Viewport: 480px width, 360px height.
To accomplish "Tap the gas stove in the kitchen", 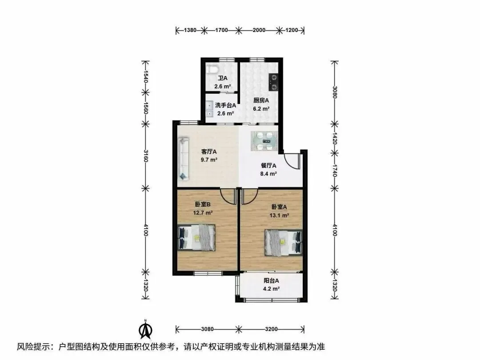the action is click(x=274, y=82).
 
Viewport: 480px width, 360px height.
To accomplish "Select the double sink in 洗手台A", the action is click(x=209, y=110).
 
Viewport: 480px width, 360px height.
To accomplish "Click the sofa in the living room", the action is click(x=184, y=159).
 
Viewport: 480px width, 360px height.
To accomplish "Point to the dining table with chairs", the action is click(x=264, y=141).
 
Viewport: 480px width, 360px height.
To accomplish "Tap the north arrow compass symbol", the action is click(x=146, y=329).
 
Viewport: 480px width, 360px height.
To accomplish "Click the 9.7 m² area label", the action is click(x=209, y=160).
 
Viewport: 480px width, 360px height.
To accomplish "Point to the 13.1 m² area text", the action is click(x=279, y=215).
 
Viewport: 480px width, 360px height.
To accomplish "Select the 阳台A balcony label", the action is click(x=271, y=280).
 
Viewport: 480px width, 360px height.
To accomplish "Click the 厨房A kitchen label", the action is click(x=261, y=100).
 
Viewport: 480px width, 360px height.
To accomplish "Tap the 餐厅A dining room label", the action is click(x=268, y=166).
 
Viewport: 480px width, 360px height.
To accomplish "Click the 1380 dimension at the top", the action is click(x=190, y=30).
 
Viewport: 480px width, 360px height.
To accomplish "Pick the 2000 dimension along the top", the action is click(x=259, y=30).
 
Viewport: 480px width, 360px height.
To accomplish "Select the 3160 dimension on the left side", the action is click(x=146, y=156).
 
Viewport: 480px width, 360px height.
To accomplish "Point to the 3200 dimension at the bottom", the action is click(x=271, y=329).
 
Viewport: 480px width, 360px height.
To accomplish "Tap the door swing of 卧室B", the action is click(x=228, y=196).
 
